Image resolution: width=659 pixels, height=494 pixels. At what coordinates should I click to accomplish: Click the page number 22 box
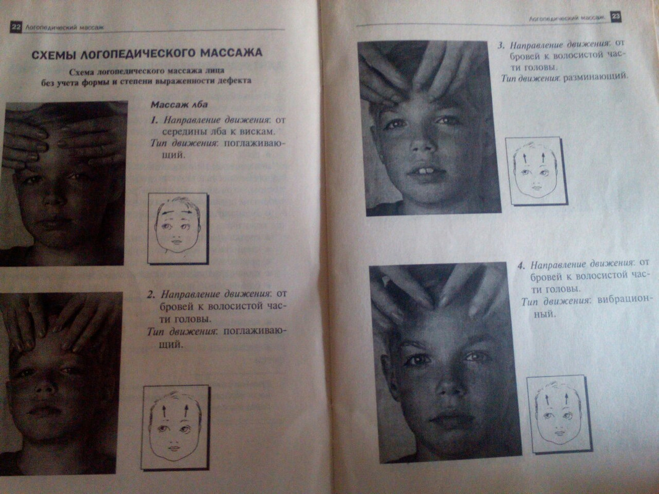[15, 27]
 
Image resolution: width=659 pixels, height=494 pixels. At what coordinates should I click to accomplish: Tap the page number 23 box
[615, 17]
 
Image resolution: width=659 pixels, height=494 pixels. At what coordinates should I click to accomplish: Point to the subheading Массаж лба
[179, 104]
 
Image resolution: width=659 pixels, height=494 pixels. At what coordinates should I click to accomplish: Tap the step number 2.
[151, 294]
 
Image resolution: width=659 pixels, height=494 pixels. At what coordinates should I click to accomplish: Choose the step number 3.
[501, 45]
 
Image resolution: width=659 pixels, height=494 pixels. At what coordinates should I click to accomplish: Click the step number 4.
[521, 266]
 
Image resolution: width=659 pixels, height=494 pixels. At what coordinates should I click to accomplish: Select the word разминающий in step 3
[595, 77]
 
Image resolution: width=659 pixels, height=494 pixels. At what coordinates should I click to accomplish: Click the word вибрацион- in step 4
[625, 300]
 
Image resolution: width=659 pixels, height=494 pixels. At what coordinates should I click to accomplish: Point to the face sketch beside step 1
[178, 228]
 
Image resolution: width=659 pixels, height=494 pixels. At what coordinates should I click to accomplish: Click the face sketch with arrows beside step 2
[175, 427]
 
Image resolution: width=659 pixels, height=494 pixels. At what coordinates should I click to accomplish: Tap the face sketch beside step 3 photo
[536, 171]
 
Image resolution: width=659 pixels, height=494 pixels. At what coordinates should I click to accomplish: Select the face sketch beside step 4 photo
[559, 414]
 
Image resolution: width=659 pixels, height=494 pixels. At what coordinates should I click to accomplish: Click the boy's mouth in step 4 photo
[449, 417]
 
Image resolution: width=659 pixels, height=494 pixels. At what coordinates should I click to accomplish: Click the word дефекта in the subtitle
[234, 81]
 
